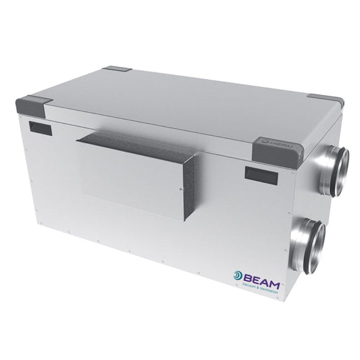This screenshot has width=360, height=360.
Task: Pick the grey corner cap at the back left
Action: (x=119, y=70)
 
